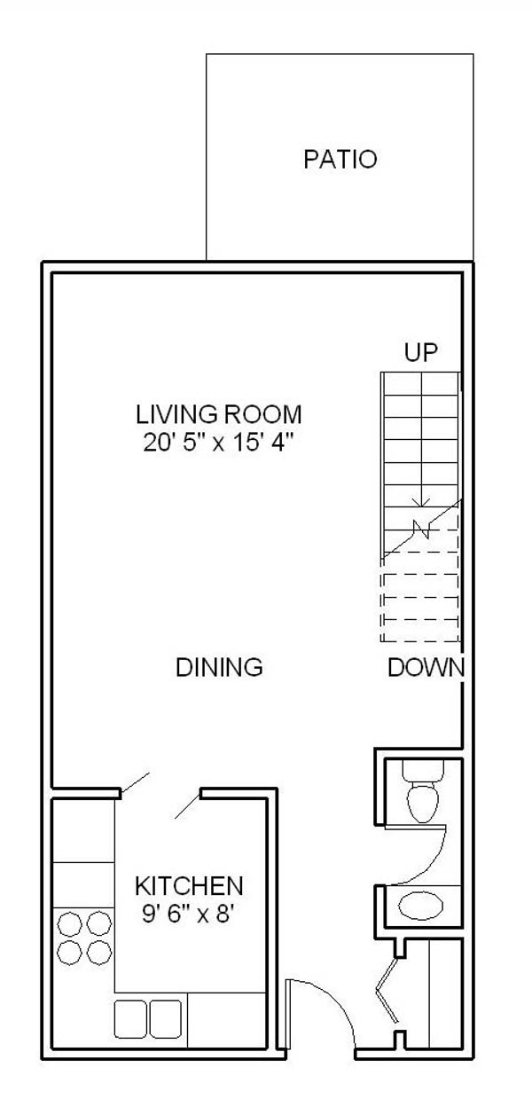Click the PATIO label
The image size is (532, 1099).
pos(340,160)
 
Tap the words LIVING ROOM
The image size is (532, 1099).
pos(219,414)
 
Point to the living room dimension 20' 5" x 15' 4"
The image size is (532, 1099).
pos(218,443)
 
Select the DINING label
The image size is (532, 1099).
pos(219,667)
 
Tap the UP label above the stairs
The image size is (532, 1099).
pos(421,352)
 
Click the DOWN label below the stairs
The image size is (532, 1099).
pos(426,668)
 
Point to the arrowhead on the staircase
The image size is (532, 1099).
pos(421,502)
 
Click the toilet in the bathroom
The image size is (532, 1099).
pos(423,801)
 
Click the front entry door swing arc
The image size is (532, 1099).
pos(331,1007)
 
